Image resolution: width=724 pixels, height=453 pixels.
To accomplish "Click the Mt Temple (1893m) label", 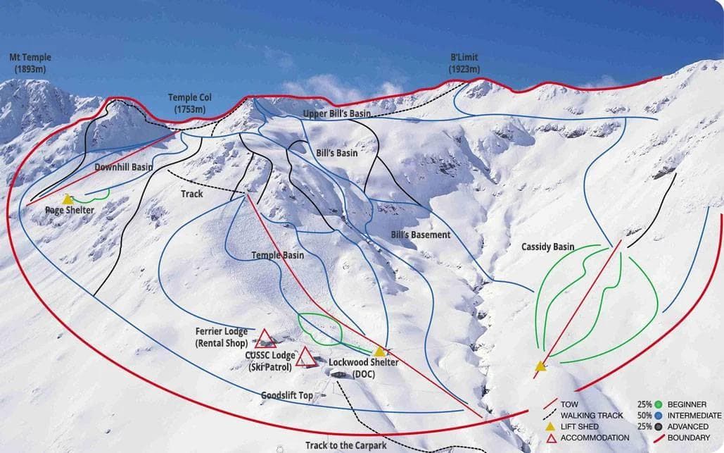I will [30, 63].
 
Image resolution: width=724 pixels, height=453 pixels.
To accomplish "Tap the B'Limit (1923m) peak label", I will [464, 63].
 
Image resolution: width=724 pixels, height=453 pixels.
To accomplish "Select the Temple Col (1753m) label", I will [189, 104].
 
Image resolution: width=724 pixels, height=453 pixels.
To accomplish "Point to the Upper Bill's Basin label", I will [336, 113].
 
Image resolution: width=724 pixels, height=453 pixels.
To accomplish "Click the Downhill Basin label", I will [124, 167].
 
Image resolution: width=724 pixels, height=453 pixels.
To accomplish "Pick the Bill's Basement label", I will [420, 235].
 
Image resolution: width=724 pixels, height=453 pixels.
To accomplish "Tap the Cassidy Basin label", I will [547, 247].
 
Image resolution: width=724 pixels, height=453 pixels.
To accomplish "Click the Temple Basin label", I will [278, 255].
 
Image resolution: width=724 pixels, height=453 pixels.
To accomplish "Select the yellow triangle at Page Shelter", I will [68, 200].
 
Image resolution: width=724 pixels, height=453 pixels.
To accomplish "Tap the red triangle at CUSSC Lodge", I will [305, 358].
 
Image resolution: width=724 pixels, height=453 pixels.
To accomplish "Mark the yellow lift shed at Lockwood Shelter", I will [380, 351].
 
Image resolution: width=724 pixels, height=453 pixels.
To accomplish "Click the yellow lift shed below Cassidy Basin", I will [540, 366].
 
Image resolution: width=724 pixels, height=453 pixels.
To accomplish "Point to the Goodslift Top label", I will [287, 396].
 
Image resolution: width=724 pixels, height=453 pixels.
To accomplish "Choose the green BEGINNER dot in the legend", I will [659, 404].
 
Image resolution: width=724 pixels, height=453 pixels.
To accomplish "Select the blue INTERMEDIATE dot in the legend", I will [659, 416].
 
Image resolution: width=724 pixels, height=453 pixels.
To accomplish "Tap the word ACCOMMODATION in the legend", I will [595, 438].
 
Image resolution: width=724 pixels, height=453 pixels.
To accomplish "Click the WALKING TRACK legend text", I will [592, 416].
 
